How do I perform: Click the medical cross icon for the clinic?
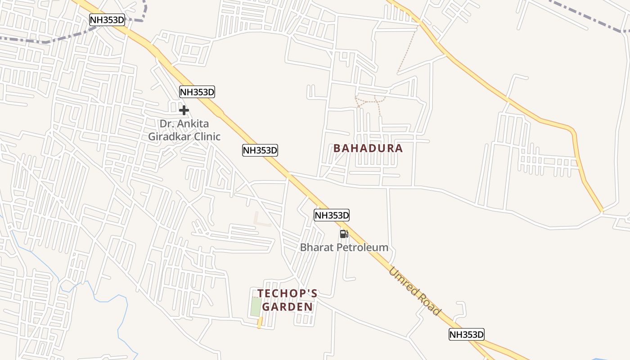pyautogui.click(x=184, y=110)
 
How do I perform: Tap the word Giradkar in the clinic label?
pyautogui.click(x=172, y=136)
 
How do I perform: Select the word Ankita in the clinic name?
pyautogui.click(x=193, y=123)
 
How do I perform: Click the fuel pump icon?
pyautogui.click(x=344, y=234)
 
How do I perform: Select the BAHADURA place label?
pyautogui.click(x=368, y=148)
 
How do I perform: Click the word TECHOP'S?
pyautogui.click(x=287, y=293)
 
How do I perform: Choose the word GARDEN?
pyautogui.click(x=287, y=307)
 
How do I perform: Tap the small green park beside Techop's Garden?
pyautogui.click(x=256, y=307)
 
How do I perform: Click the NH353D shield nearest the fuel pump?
pyautogui.click(x=332, y=215)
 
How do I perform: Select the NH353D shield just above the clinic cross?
pyautogui.click(x=197, y=92)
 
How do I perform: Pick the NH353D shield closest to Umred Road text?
pyautogui.click(x=466, y=334)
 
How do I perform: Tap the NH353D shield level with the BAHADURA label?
pyautogui.click(x=260, y=150)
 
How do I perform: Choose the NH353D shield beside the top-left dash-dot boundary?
pyautogui.click(x=107, y=19)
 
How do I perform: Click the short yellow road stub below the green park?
pyautogui.click(x=260, y=322)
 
